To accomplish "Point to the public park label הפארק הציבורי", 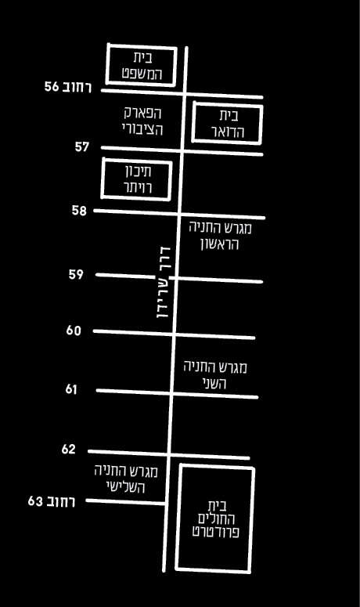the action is tap(142, 121).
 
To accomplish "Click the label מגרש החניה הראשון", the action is tap(220, 236).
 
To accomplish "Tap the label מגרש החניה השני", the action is tap(215, 374).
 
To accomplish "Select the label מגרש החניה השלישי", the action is tap(126, 479).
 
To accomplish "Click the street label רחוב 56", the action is tap(68, 87).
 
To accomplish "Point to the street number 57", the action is tap(82, 146).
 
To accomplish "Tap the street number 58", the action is tap(79, 211).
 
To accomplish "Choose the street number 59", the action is tap(76, 274).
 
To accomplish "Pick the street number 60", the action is tap(74, 331).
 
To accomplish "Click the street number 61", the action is tap(71, 389).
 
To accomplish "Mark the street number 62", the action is tap(68, 449).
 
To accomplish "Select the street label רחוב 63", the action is tap(52, 501).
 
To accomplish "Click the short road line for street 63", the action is tap(126, 502).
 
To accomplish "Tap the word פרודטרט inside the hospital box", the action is tap(215, 532).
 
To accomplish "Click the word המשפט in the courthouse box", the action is tap(142, 74).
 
